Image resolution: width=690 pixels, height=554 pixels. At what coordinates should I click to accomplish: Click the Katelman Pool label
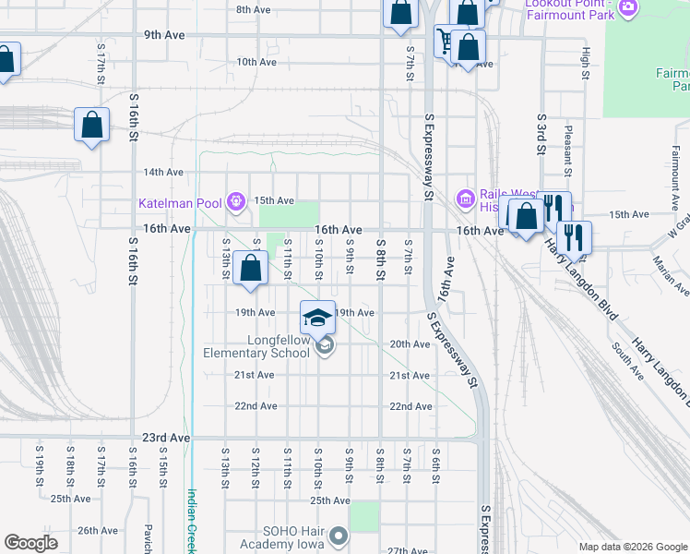pyautogui.click(x=182, y=203)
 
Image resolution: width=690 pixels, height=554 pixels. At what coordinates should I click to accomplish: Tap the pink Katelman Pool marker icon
pyautogui.click(x=236, y=199)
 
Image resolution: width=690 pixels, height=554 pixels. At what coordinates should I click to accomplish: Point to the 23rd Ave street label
pyautogui.click(x=166, y=437)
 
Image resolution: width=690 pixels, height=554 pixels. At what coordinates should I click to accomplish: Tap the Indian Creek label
pyautogui.click(x=193, y=522)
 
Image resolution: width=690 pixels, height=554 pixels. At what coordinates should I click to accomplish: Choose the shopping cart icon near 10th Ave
pyautogui.click(x=445, y=40)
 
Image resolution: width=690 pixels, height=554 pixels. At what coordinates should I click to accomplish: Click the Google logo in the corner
pyautogui.click(x=30, y=543)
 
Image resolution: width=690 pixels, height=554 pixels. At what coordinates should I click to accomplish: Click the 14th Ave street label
pyautogui.click(x=163, y=172)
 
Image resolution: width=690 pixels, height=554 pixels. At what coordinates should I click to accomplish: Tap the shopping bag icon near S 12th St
pyautogui.click(x=251, y=269)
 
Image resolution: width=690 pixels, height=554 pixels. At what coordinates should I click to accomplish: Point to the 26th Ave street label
pyautogui.click(x=99, y=531)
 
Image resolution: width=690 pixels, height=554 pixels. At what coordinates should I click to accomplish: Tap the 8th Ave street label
pyautogui.click(x=253, y=10)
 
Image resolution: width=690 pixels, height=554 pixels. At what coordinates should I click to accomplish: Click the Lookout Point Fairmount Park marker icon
pyautogui.click(x=629, y=8)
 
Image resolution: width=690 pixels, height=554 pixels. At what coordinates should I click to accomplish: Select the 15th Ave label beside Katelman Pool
pyautogui.click(x=274, y=200)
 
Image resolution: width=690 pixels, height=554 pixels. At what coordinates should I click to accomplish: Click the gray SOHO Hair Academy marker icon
pyautogui.click(x=339, y=536)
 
